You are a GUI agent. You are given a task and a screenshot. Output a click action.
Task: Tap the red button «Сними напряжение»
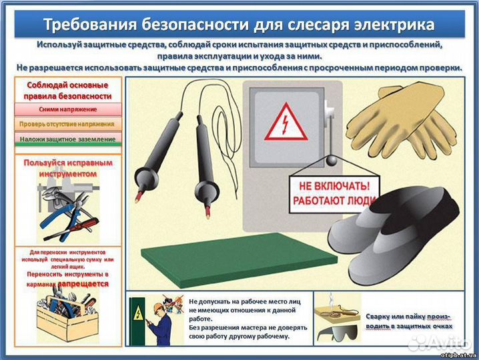(67, 109)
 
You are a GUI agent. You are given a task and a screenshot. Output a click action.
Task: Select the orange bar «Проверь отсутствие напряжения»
(67, 124)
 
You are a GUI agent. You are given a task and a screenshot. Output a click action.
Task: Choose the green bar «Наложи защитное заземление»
(67, 139)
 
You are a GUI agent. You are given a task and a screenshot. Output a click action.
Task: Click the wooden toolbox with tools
(67, 317)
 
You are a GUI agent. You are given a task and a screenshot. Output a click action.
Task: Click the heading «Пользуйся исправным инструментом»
(67, 167)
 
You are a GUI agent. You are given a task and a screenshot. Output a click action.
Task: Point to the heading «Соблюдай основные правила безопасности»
(67, 91)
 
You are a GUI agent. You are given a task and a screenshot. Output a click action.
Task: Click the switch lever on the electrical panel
(328, 120)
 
